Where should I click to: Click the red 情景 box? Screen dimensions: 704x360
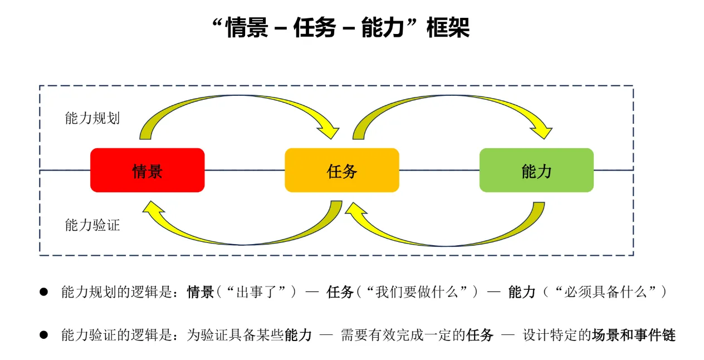coord(148,170)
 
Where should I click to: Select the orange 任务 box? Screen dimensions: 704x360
coord(342,170)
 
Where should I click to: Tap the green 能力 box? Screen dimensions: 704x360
coord(536,170)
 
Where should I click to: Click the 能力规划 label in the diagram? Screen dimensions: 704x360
coord(92,118)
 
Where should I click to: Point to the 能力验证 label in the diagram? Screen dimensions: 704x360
coord(92,225)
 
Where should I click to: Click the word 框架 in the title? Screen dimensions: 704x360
coord(448,28)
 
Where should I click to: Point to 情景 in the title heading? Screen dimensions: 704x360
coord(247,28)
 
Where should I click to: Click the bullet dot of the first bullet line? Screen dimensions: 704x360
coord(43,292)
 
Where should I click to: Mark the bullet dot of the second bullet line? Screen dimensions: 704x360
coord(43,335)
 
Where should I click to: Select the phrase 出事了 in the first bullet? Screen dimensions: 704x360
coord(257,292)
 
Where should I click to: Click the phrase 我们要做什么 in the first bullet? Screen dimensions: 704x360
coord(417,292)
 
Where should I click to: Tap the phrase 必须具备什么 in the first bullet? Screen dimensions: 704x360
coord(605,292)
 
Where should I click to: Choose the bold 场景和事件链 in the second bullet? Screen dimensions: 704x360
coord(634,335)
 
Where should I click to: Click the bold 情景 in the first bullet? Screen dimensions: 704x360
coord(201,292)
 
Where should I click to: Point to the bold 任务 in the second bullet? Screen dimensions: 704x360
coord(480,335)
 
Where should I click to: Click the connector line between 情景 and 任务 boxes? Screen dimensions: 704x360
coord(245,171)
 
